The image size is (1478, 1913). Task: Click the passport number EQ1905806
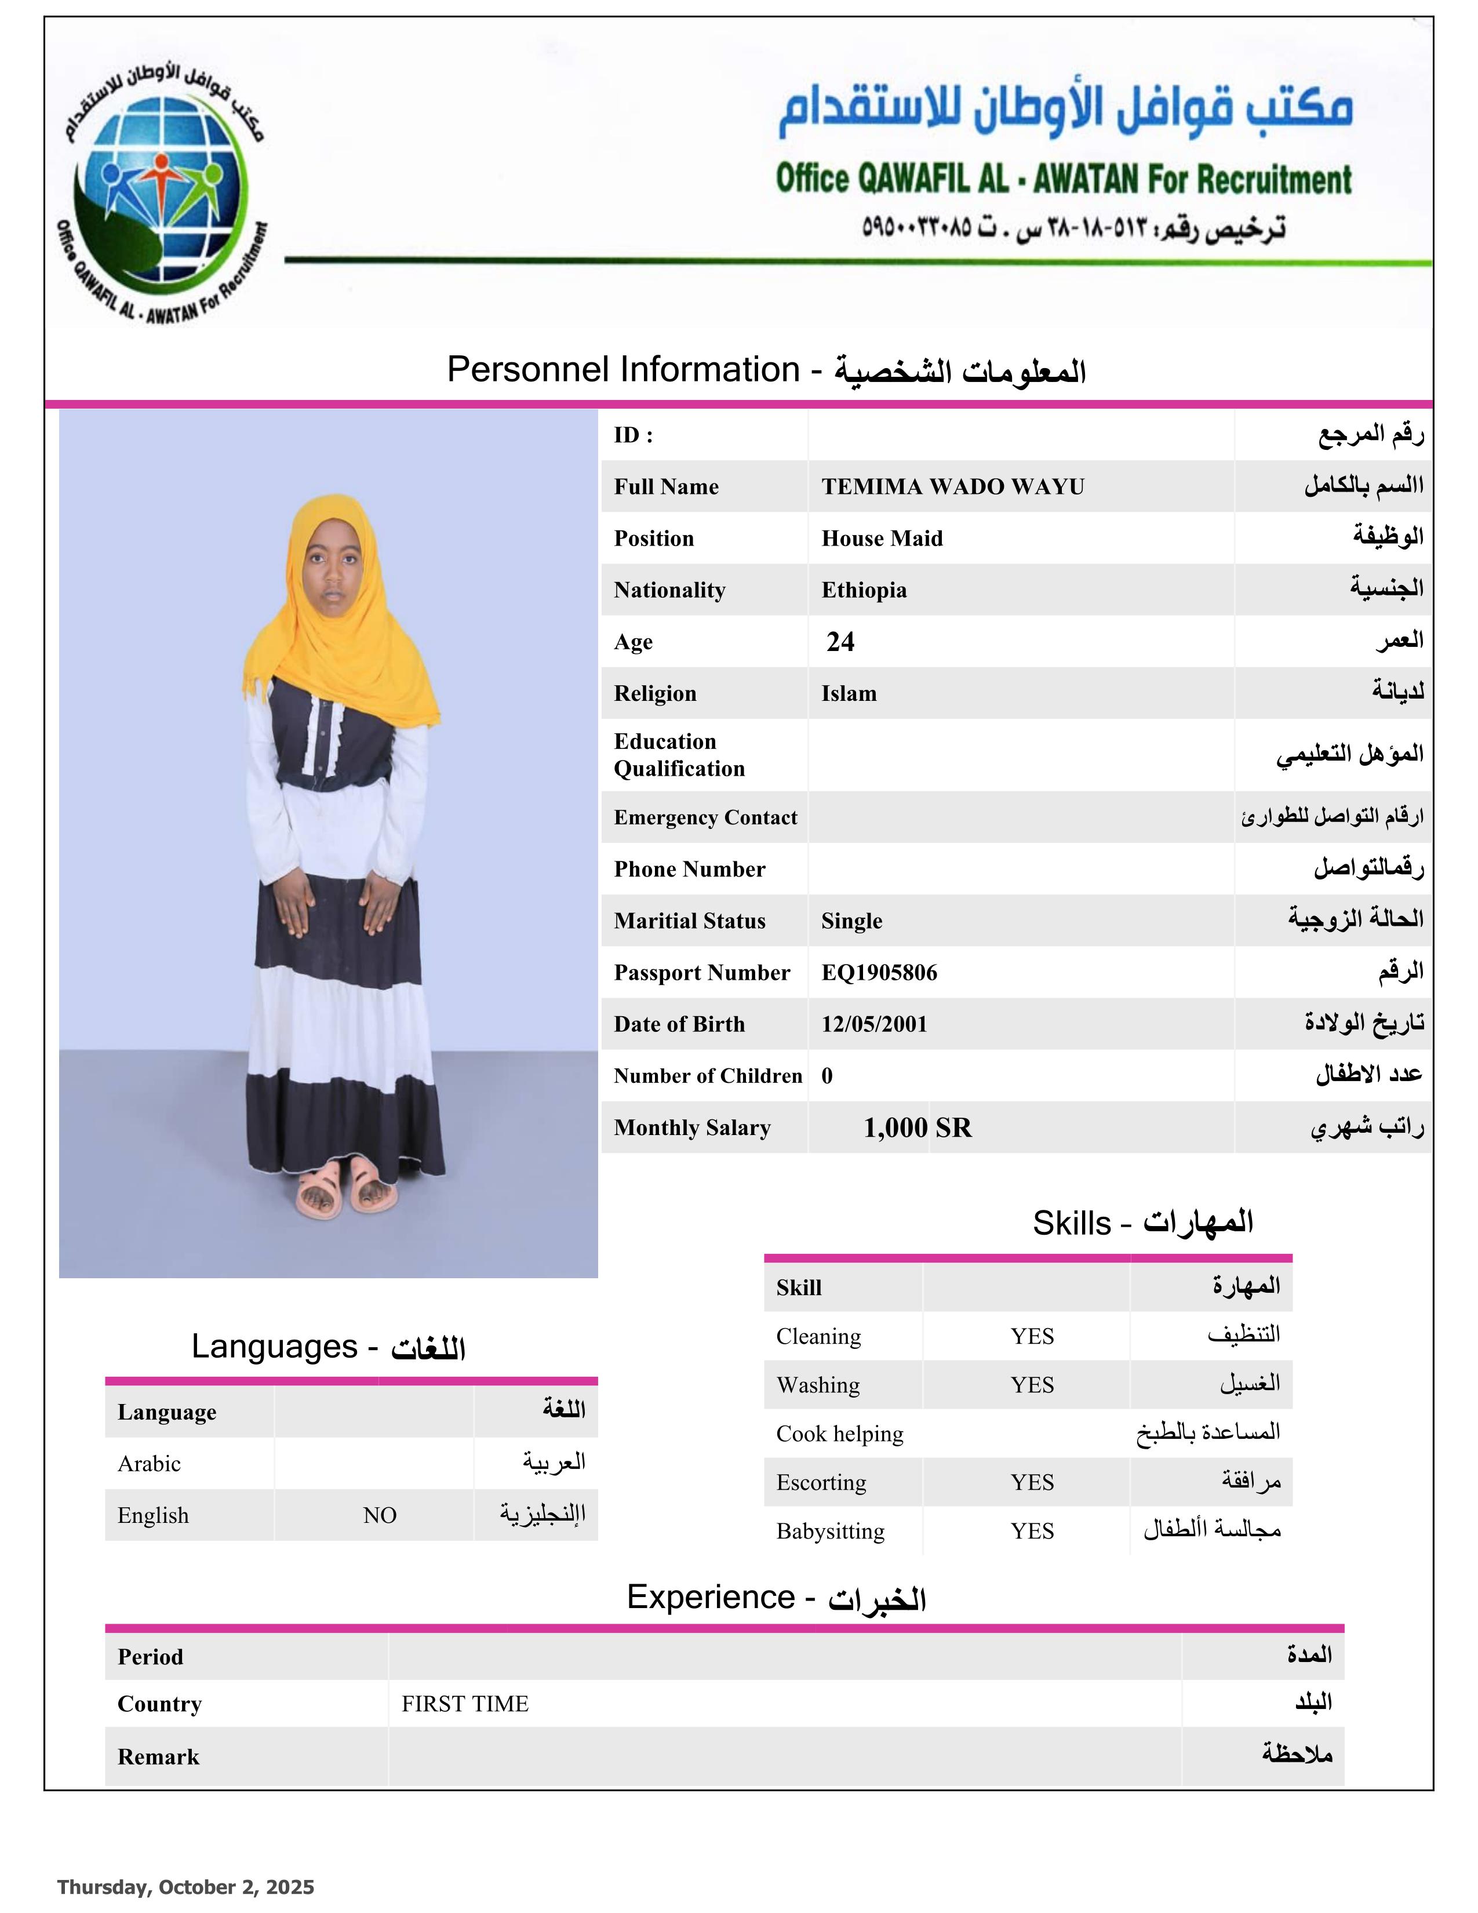pyautogui.click(x=879, y=972)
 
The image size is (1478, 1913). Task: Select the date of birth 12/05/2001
pyautogui.click(x=874, y=1024)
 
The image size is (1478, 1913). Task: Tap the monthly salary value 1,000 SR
pyautogui.click(x=917, y=1128)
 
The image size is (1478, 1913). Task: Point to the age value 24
pyautogui.click(x=840, y=642)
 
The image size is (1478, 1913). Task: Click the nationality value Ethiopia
pyautogui.click(x=864, y=590)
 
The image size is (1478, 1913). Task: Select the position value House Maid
pyautogui.click(x=882, y=539)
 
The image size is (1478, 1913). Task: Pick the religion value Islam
pyautogui.click(x=849, y=694)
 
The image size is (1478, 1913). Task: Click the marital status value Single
pyautogui.click(x=851, y=921)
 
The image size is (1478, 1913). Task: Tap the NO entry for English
pyautogui.click(x=380, y=1515)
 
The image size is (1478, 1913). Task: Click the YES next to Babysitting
pyautogui.click(x=1032, y=1531)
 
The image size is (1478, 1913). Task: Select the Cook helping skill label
pyautogui.click(x=839, y=1434)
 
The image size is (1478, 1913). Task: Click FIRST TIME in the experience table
pyautogui.click(x=465, y=1704)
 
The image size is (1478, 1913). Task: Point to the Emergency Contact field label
pyautogui.click(x=705, y=817)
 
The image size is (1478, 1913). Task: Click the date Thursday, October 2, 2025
pyautogui.click(x=185, y=1887)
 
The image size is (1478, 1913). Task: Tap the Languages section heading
pyautogui.click(x=328, y=1347)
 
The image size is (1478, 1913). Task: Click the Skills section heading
pyautogui.click(x=1142, y=1223)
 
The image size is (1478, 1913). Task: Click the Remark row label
pyautogui.click(x=158, y=1757)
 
